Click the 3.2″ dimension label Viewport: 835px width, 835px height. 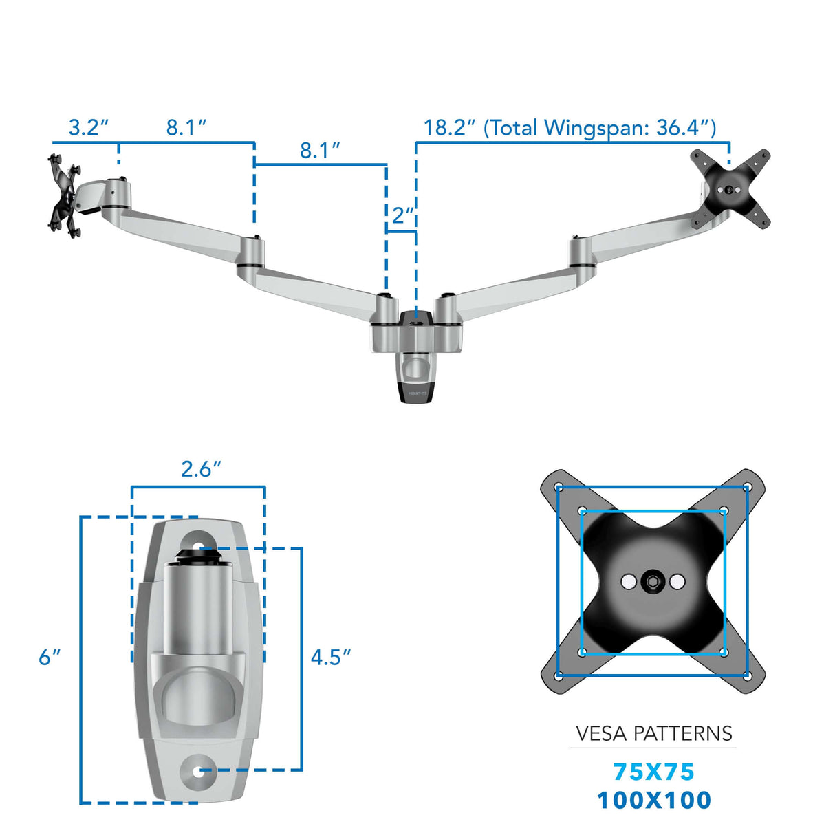88,128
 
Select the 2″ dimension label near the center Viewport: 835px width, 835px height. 402,215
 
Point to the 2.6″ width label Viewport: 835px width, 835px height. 200,469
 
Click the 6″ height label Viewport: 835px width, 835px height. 49,658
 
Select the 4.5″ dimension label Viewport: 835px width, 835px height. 330,658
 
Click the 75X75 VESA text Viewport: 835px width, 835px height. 653,772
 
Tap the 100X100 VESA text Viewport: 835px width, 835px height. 653,801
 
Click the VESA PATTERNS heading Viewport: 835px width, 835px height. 653,734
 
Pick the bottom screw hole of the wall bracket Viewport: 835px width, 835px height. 199,771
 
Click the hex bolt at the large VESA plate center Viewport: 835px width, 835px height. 652,583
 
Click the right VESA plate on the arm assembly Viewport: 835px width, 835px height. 730,188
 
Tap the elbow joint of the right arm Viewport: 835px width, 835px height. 581,252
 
